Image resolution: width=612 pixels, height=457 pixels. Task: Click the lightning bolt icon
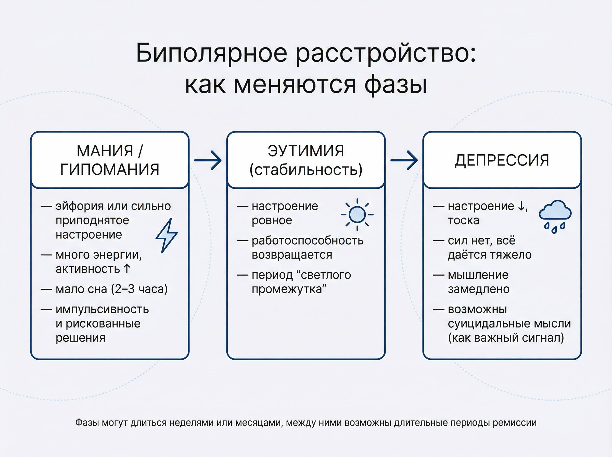pos(167,235)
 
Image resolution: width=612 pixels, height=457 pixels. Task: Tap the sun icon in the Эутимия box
pos(357,214)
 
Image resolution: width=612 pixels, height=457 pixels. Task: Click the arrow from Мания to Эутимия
pos(208,160)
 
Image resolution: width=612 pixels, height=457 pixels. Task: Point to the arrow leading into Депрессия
pos(404,160)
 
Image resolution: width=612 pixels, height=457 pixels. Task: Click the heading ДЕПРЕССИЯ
pos(502,160)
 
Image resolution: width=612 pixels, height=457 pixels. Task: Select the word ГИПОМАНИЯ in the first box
pos(110,169)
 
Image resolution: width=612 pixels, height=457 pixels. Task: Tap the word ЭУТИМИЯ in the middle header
pos(306,151)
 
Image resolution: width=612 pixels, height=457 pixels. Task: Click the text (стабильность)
pos(306,170)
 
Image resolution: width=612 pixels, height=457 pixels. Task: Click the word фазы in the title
pos(396,84)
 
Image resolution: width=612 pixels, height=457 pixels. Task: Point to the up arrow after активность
pos(127,269)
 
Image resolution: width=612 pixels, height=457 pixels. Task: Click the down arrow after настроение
pos(521,206)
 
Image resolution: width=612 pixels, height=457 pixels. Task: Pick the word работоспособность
pos(308,240)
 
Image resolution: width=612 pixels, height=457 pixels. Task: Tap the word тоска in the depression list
pos(463,221)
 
